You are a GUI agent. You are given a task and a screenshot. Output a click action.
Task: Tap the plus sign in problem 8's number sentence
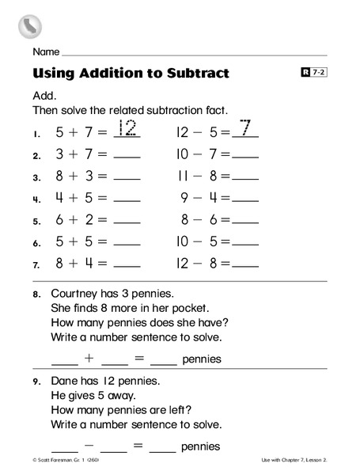click(x=89, y=358)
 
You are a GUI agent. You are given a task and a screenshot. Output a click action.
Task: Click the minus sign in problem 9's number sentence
click(x=89, y=446)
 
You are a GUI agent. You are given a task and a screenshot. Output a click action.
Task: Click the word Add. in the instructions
click(x=44, y=94)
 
